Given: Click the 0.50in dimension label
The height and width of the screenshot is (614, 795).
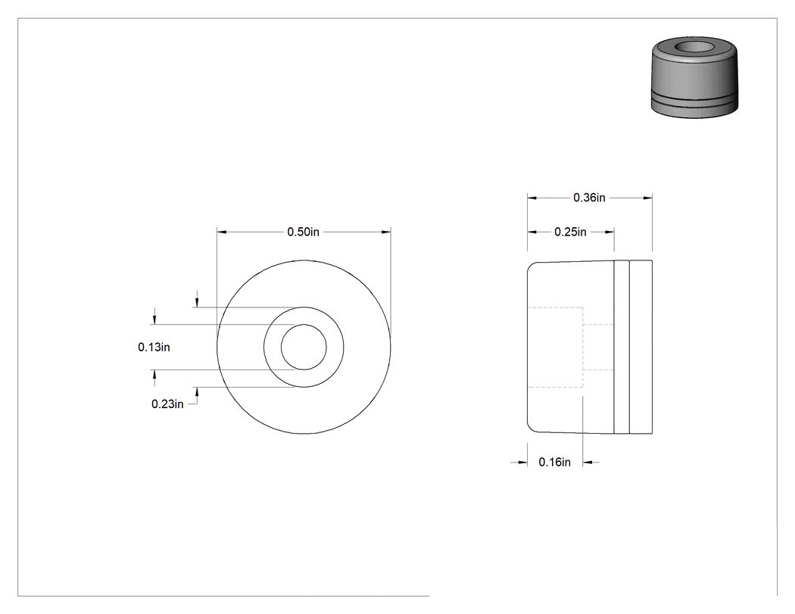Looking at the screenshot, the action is (303, 232).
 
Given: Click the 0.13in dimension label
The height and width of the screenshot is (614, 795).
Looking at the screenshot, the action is (154, 348).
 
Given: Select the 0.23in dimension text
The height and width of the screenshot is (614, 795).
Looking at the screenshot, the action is (167, 404).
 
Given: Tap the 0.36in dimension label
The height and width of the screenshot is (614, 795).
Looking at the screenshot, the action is (589, 198).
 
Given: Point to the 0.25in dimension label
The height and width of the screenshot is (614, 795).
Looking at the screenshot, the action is (570, 232).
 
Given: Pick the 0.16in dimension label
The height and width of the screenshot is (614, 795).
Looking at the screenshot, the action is (555, 463).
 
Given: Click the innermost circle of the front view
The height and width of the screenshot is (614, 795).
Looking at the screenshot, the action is (304, 325).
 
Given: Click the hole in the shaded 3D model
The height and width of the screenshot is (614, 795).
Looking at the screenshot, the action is (696, 47).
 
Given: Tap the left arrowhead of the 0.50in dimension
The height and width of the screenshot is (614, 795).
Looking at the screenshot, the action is (222, 232).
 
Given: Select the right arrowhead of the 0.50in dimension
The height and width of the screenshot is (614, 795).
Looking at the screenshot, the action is (386, 232).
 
